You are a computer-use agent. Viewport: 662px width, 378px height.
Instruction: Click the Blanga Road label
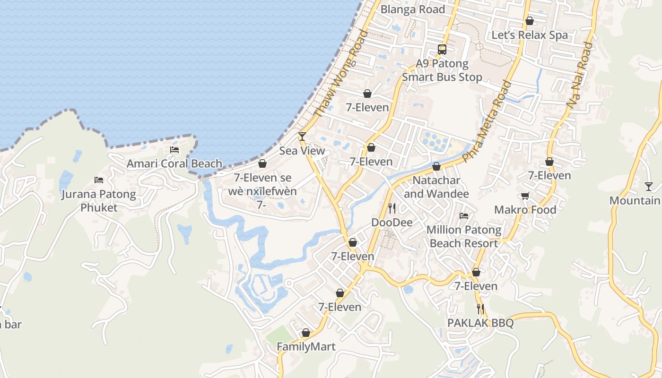pyautogui.click(x=412, y=9)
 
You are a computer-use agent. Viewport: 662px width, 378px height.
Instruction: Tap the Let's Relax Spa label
pyautogui.click(x=530, y=35)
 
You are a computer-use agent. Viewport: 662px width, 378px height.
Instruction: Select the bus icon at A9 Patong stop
pyautogui.click(x=442, y=50)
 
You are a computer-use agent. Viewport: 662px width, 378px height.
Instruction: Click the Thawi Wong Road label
pyautogui.click(x=340, y=73)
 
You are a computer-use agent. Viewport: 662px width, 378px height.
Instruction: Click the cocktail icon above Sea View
pyautogui.click(x=302, y=137)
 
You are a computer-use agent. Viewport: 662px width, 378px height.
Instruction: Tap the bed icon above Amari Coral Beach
pyautogui.click(x=174, y=150)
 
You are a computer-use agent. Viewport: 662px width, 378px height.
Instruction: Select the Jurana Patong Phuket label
pyautogui.click(x=98, y=201)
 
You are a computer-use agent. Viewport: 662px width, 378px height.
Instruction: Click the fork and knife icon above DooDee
pyautogui.click(x=392, y=208)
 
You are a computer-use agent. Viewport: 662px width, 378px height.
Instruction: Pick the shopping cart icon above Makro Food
pyautogui.click(x=525, y=196)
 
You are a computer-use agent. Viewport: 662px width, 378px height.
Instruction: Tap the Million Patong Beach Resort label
pyautogui.click(x=464, y=237)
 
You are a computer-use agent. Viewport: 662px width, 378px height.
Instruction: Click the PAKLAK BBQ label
pyautogui.click(x=480, y=323)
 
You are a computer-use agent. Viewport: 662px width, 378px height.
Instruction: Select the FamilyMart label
pyautogui.click(x=306, y=347)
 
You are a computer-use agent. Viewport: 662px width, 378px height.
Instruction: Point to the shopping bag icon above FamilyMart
pyautogui.click(x=306, y=333)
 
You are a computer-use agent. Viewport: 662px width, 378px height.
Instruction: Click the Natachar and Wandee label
pyautogui.click(x=436, y=187)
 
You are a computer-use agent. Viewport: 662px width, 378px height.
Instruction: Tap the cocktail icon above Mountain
pyautogui.click(x=648, y=187)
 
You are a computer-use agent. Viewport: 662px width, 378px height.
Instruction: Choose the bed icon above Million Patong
pyautogui.click(x=464, y=216)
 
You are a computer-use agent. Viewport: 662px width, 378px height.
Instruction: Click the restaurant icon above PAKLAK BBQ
pyautogui.click(x=480, y=309)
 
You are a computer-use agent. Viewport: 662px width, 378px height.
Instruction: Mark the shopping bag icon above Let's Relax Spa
pyautogui.click(x=530, y=21)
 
